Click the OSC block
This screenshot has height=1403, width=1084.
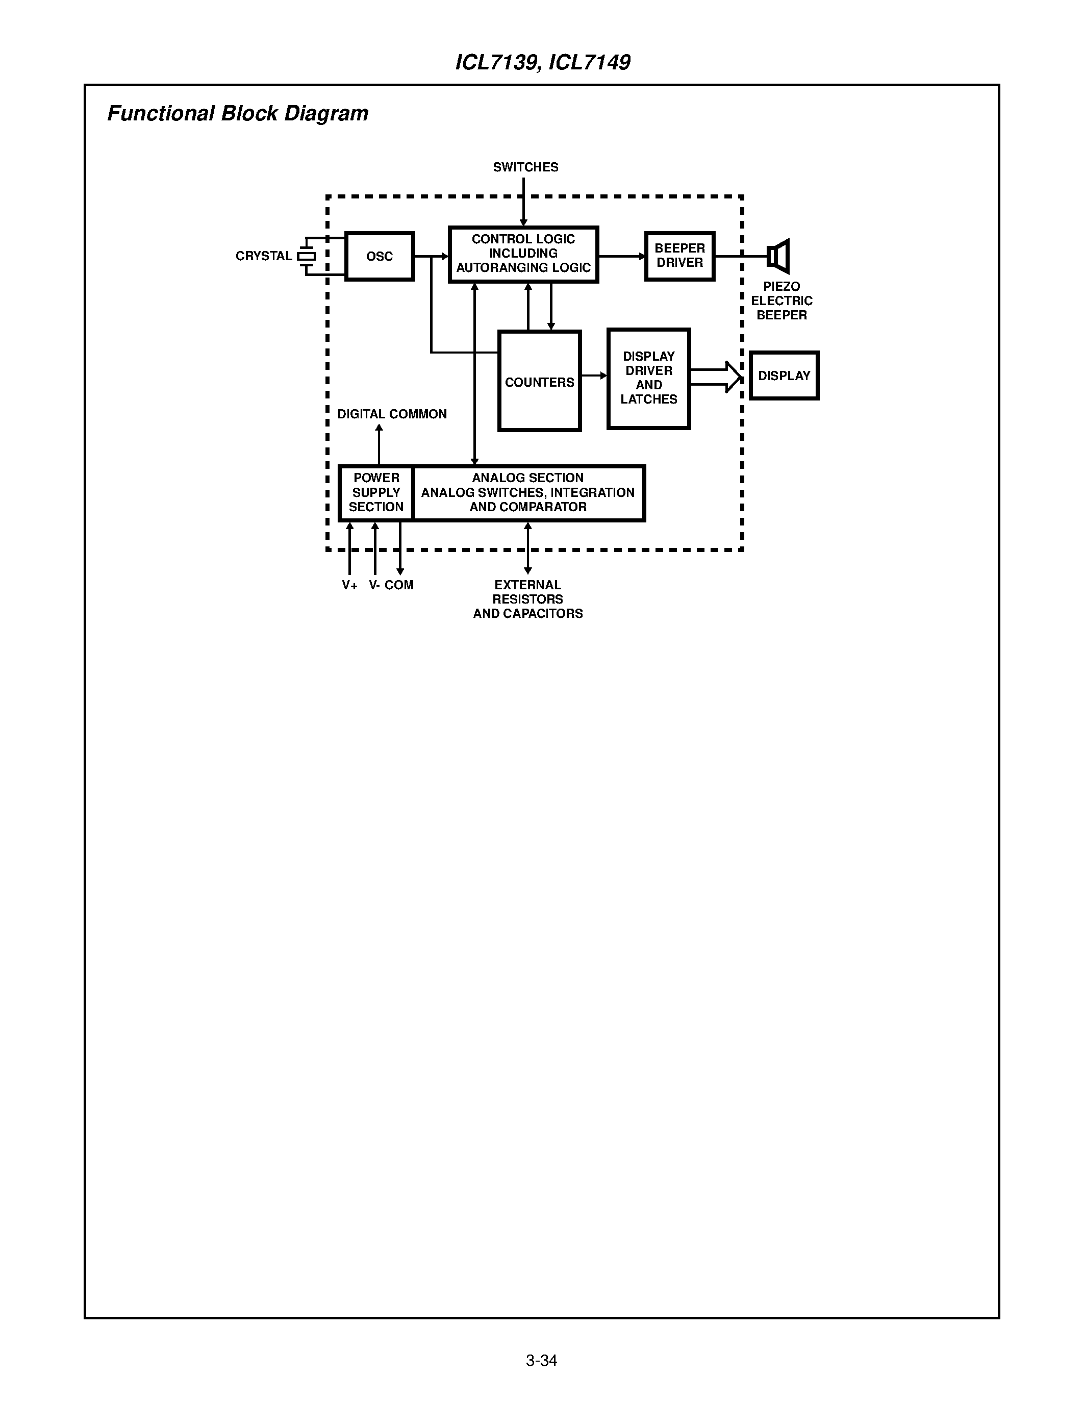pyautogui.click(x=380, y=256)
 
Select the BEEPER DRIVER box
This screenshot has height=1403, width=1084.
pyautogui.click(x=679, y=256)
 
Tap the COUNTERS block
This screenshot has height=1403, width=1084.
pyautogui.click(x=539, y=382)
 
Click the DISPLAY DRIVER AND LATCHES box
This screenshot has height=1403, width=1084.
pyautogui.click(x=648, y=379)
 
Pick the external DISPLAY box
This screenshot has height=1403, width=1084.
pyautogui.click(x=784, y=376)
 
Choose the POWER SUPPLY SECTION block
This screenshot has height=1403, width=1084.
pyautogui.click(x=376, y=493)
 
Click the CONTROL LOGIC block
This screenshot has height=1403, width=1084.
pyautogui.click(x=523, y=254)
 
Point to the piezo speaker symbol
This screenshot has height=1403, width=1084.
pyautogui.click(x=778, y=256)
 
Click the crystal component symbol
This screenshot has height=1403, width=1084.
pyautogui.click(x=307, y=256)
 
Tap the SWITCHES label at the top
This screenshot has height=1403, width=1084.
pyautogui.click(x=525, y=167)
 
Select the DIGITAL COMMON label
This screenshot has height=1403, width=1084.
pyautogui.click(x=392, y=414)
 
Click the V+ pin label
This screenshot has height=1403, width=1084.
pyautogui.click(x=349, y=585)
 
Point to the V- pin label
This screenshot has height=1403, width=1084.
pyautogui.click(x=374, y=585)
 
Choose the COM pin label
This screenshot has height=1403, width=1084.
pyautogui.click(x=399, y=585)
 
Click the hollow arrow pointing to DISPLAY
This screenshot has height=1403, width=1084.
pyautogui.click(x=717, y=377)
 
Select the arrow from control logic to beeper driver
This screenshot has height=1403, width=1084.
pyautogui.click(x=622, y=256)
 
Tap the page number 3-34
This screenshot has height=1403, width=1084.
pyautogui.click(x=541, y=1360)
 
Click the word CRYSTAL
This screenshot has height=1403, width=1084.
pyautogui.click(x=263, y=256)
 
